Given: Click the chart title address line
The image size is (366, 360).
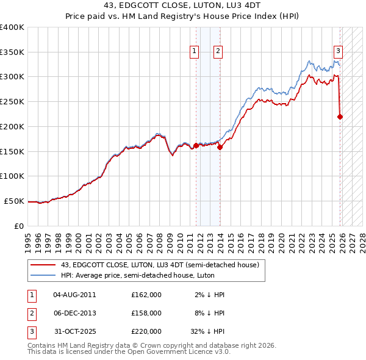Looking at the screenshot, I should point(183,6).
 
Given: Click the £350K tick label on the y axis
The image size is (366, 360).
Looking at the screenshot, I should point(12,52).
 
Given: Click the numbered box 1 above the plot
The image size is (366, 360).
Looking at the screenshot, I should point(195,52).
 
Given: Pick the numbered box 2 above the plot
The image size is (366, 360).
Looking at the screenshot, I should point(218,52).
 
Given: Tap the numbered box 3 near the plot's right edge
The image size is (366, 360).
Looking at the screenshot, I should point(338,52).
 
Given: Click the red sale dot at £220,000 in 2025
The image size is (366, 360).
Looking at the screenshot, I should point(340,117).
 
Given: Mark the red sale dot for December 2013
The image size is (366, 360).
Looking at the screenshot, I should point(220,147).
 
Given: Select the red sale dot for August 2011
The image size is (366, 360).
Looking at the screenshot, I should point(196,145).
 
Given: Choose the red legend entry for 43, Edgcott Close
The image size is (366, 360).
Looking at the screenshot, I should point(160,265).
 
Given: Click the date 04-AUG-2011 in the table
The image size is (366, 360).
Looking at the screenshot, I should point(74,295).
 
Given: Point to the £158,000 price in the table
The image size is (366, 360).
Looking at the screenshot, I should point(146,313).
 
